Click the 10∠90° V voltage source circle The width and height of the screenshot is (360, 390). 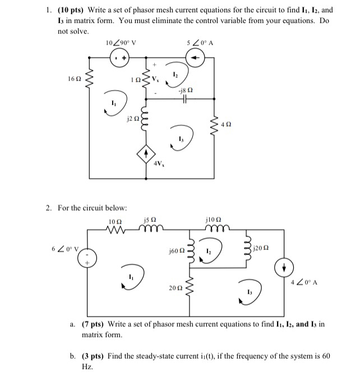pos(119,57)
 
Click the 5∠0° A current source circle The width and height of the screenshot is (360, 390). pos(196,57)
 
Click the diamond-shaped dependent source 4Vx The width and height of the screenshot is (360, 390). pos(147,153)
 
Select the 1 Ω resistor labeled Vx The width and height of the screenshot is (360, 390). pos(147,80)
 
